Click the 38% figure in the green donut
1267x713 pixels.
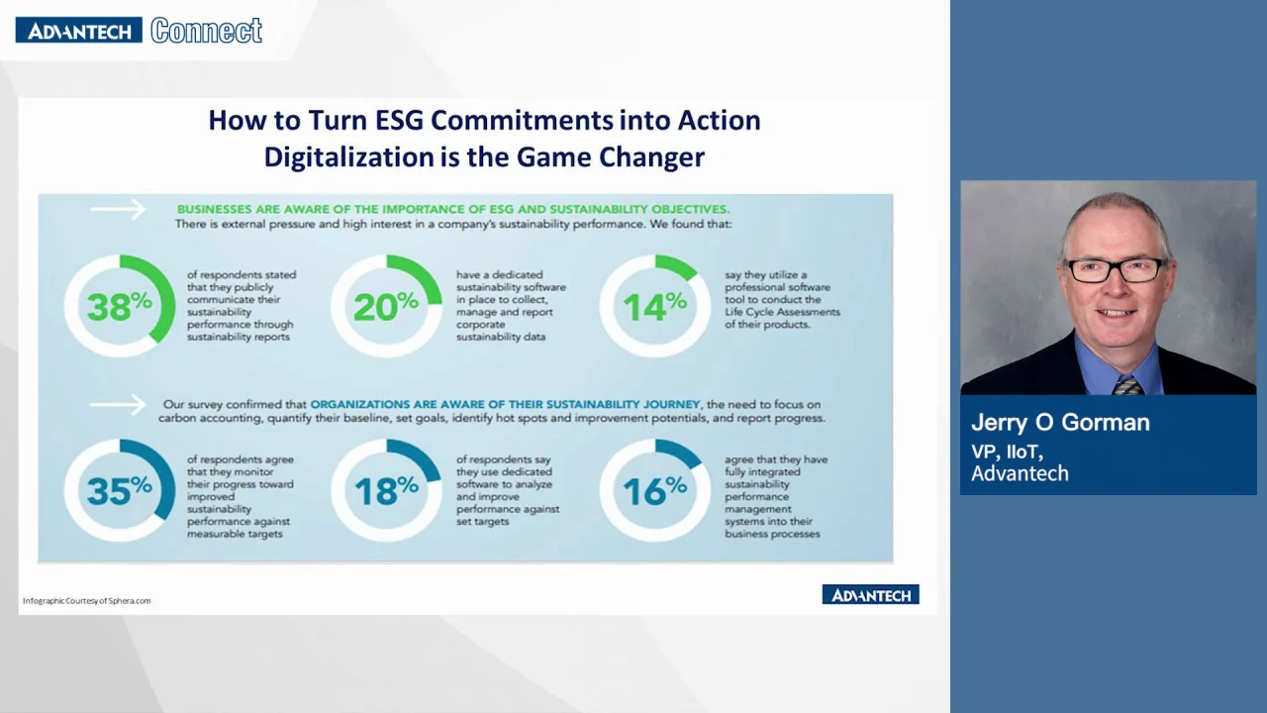pos(120,307)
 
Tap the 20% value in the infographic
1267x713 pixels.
pos(386,307)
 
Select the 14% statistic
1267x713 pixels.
pos(655,307)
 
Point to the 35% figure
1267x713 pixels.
pos(120,490)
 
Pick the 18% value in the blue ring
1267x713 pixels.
pos(386,490)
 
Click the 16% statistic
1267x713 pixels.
pos(655,490)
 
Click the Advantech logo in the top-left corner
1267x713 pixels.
pos(78,30)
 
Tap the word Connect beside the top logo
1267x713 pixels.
pos(207,31)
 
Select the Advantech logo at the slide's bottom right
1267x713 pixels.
pos(870,594)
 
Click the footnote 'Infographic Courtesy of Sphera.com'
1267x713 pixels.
pos(86,601)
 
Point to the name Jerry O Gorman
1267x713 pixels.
pos(1060,423)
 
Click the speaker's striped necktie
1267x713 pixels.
pos(1126,385)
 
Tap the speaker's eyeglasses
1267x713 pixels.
pos(1116,270)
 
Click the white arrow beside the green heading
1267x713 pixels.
pos(118,209)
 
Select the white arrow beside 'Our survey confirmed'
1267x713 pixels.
pos(118,405)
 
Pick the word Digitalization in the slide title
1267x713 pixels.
pos(349,156)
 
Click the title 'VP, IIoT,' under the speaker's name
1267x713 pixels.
pos(1008,452)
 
